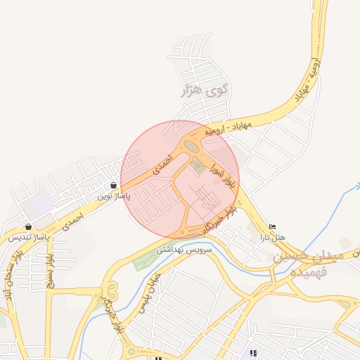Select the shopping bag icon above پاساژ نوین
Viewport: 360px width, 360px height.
tap(114, 185)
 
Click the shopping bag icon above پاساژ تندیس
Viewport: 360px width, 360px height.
tap(28, 226)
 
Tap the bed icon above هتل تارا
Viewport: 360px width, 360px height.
tap(273, 226)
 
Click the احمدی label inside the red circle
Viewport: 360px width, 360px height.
tap(162, 163)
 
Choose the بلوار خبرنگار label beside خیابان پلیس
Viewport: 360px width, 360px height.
tap(113, 313)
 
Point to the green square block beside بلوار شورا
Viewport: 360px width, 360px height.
tap(195, 167)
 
